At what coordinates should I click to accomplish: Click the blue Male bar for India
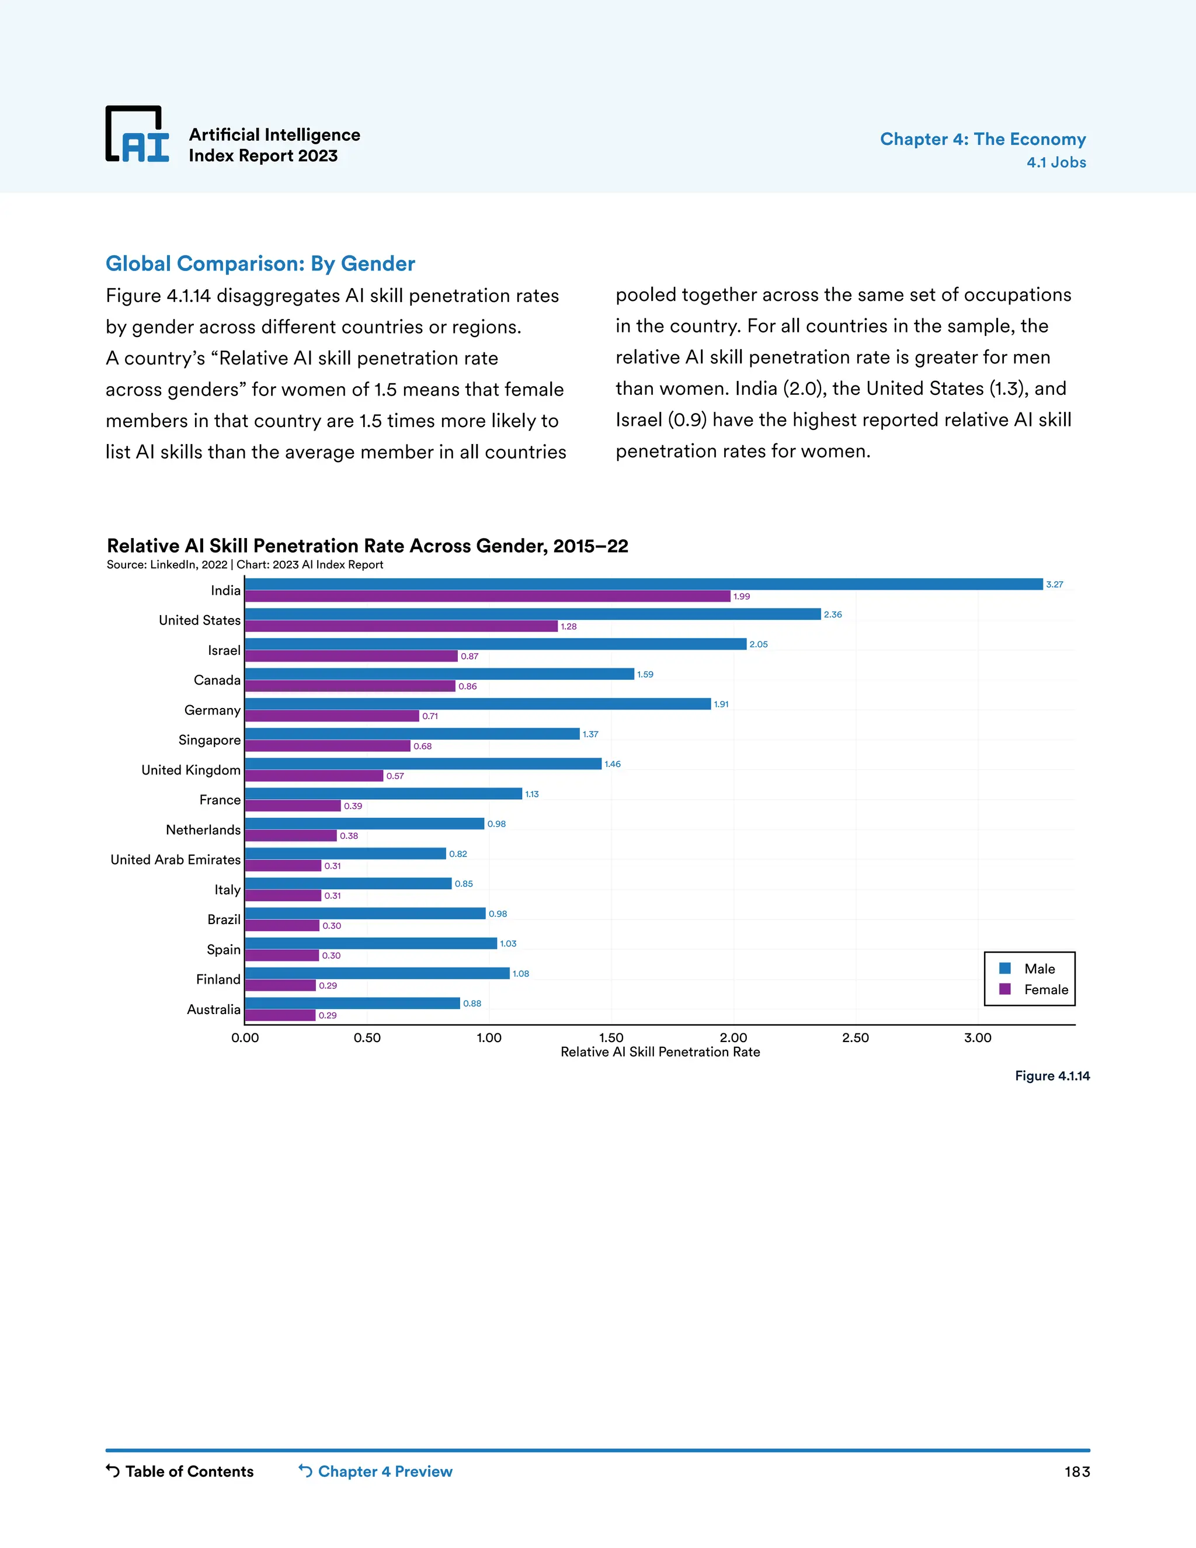pyautogui.click(x=644, y=584)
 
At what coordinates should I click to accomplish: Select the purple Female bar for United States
pyautogui.click(x=401, y=627)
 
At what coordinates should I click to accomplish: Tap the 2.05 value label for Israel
pyautogui.click(x=758, y=644)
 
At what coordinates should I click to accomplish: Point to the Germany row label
pyautogui.click(x=212, y=710)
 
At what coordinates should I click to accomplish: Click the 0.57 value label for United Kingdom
pyautogui.click(x=395, y=776)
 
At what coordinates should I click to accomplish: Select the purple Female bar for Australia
pyautogui.click(x=280, y=1016)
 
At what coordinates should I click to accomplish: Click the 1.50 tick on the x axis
pyautogui.click(x=611, y=1037)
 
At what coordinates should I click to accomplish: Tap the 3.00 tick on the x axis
pyautogui.click(x=977, y=1037)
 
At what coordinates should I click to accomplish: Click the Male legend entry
pyautogui.click(x=1028, y=969)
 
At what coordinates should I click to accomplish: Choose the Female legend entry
pyautogui.click(x=1034, y=990)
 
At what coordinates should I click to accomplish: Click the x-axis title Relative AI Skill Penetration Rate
pyautogui.click(x=660, y=1052)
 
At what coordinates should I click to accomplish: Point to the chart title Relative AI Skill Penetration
pyautogui.click(x=367, y=546)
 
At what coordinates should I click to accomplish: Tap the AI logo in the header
pyautogui.click(x=137, y=135)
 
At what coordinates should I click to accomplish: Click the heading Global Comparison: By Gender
pyautogui.click(x=260, y=263)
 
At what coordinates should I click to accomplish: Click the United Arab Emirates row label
pyautogui.click(x=175, y=860)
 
